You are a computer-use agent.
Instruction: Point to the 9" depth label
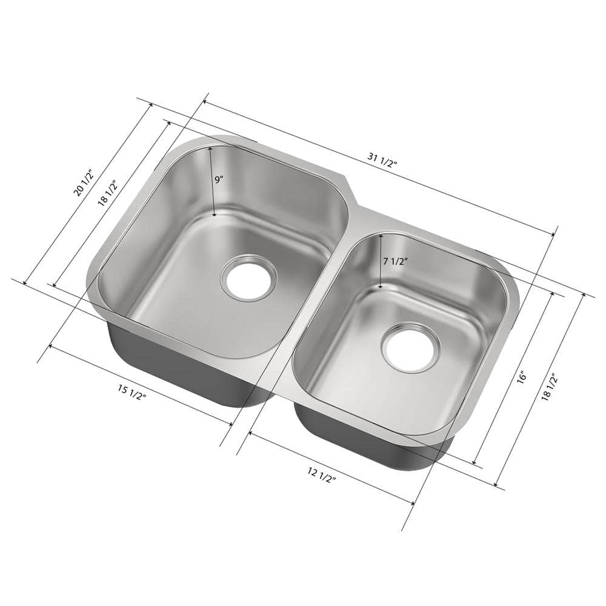click(x=219, y=179)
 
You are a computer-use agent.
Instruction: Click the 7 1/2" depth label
click(x=395, y=261)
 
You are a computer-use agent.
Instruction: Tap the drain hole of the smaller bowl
click(x=410, y=347)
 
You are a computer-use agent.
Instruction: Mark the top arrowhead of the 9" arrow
click(x=210, y=148)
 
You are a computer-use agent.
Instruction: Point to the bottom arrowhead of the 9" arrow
click(x=215, y=215)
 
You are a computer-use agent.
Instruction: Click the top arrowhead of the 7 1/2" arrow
click(x=379, y=237)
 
